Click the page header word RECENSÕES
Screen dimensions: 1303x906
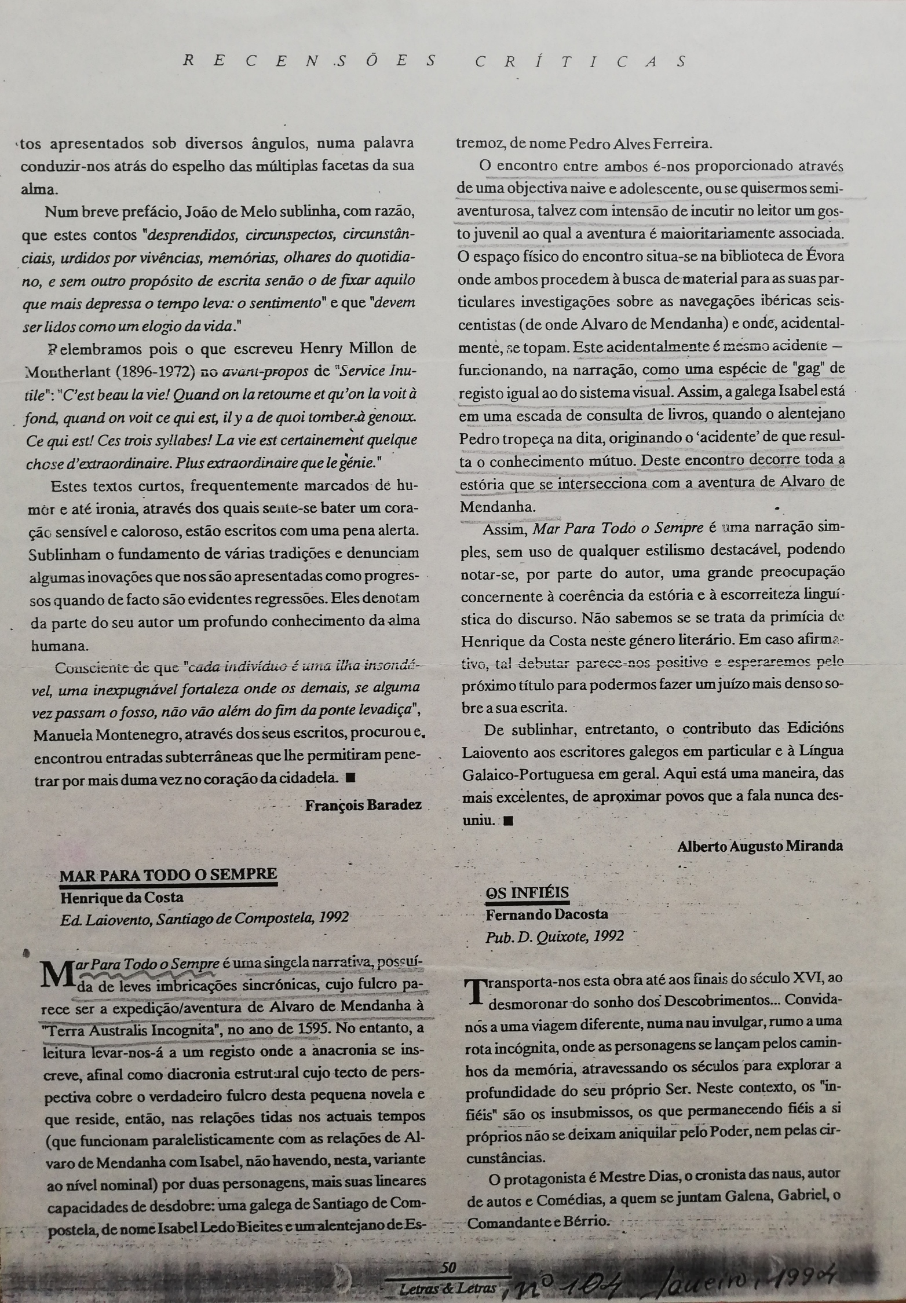[309, 61]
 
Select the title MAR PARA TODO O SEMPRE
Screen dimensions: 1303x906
[169, 874]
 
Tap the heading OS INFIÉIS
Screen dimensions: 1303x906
[527, 892]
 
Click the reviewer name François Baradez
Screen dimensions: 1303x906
[363, 804]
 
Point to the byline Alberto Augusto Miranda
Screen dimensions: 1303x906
[759, 846]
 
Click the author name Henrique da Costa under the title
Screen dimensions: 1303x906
[121, 898]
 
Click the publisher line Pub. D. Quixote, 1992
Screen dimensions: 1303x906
[556, 936]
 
